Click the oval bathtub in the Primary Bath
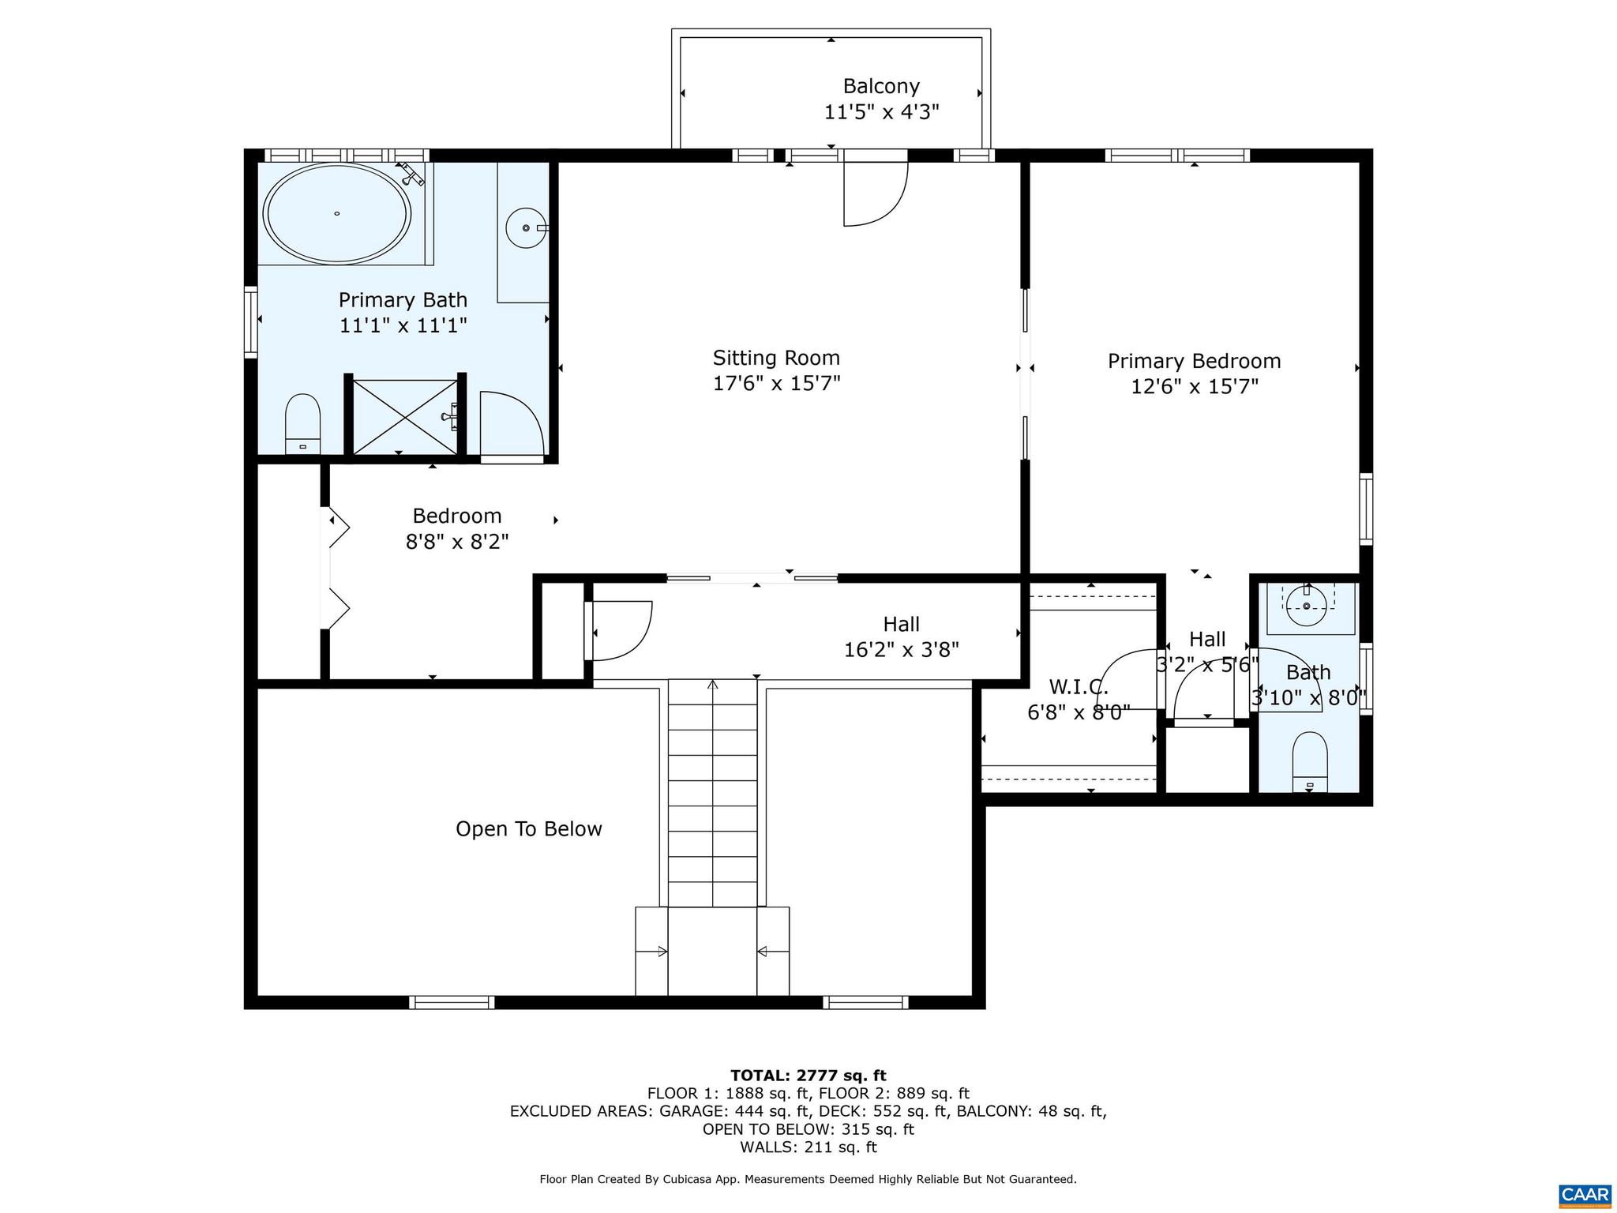(336, 213)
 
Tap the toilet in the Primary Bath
(302, 424)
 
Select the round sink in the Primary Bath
(526, 227)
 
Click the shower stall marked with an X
(403, 417)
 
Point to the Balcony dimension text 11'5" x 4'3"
(881, 112)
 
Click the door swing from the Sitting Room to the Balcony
(875, 193)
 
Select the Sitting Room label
(776, 358)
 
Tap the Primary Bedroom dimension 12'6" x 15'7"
(1194, 386)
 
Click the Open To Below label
(528, 828)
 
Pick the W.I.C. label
(1078, 687)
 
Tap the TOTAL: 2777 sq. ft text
(808, 1075)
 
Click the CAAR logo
(1585, 1193)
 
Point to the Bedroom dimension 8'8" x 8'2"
(456, 542)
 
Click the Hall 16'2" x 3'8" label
(901, 637)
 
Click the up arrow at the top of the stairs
(713, 685)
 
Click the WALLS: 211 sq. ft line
(808, 1147)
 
